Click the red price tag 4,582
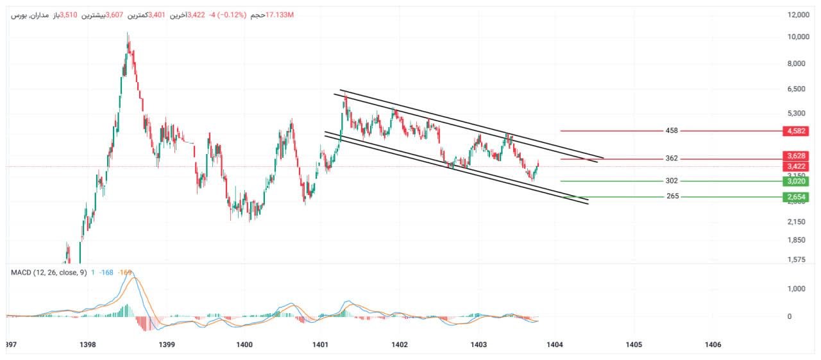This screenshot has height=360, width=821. [796, 131]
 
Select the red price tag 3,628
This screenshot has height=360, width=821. [796, 156]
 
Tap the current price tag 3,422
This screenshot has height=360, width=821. [796, 167]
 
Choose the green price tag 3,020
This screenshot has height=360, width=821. [796, 182]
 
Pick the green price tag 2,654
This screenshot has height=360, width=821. [796, 197]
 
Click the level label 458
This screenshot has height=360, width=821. [672, 131]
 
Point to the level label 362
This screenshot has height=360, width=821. [672, 159]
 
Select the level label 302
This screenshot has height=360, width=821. [672, 181]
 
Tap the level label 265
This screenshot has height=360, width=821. [672, 196]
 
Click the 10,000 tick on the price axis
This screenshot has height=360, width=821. [797, 37]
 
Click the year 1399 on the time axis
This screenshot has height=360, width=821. [166, 345]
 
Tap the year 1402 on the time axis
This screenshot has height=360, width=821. [399, 345]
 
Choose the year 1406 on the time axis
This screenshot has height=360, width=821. [713, 345]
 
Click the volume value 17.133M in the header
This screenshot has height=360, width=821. [279, 15]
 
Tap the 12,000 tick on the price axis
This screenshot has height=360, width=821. [797, 15]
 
